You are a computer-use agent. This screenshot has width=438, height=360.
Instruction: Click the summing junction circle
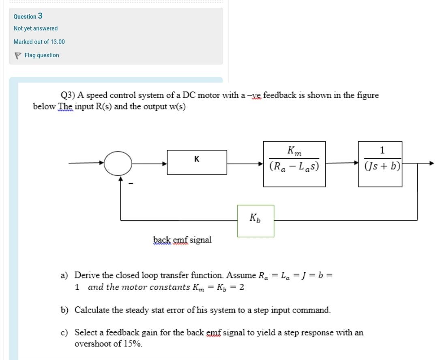coord(118,164)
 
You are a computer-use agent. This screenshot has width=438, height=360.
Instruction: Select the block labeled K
coord(197,162)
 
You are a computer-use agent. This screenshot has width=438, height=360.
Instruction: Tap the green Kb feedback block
coord(255,220)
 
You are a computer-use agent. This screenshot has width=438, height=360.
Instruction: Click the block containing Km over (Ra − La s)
coord(294,164)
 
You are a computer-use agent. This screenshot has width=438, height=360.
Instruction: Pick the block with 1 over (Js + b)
coord(380,164)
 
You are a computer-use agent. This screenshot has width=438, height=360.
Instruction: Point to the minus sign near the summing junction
coord(131,184)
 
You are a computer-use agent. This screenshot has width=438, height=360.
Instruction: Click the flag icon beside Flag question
coord(17,56)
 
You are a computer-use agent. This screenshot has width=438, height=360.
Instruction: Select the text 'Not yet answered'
coord(36,28)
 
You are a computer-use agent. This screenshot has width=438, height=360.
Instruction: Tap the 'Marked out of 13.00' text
coord(39,42)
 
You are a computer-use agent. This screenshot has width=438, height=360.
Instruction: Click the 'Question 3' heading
coord(28,16)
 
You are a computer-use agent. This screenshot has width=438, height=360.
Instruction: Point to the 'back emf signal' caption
coord(182,240)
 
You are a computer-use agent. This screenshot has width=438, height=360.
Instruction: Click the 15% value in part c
coord(133,344)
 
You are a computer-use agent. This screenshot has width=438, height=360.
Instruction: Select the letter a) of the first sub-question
coord(64,276)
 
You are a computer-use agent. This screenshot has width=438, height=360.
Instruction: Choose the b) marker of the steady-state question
coord(64,310)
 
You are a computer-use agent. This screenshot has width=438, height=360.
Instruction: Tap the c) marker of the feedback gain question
coord(64,333)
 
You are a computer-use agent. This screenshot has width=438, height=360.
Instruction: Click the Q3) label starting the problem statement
coord(68,95)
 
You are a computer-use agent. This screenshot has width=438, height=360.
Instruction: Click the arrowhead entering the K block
coord(165,164)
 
